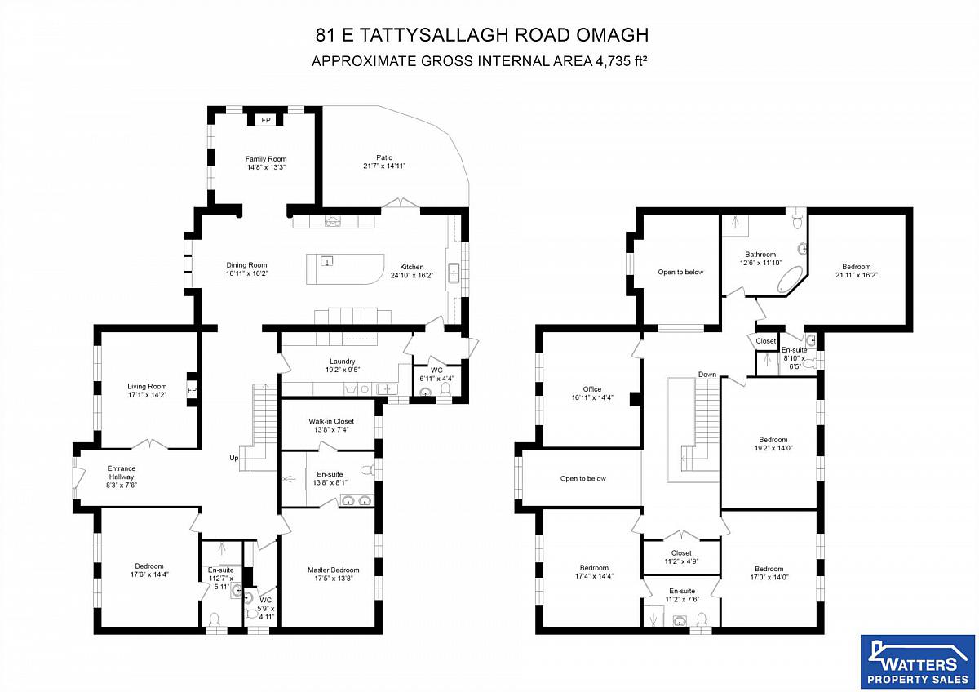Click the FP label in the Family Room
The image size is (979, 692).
266,120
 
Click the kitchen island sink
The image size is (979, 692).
327,261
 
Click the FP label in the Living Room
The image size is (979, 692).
192,390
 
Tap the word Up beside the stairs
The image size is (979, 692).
234,458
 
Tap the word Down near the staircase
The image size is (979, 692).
707,375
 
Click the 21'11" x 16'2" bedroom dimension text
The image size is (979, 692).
857,275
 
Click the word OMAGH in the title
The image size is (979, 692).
613,35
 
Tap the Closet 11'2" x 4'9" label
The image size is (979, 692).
681,557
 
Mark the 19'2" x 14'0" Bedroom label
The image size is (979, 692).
773,444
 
